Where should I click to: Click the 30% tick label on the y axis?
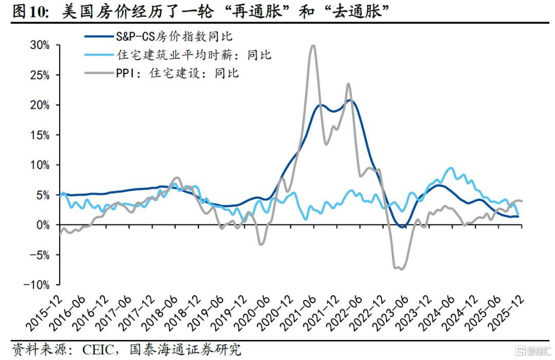[39, 45]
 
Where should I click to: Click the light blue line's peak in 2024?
[451, 168]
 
